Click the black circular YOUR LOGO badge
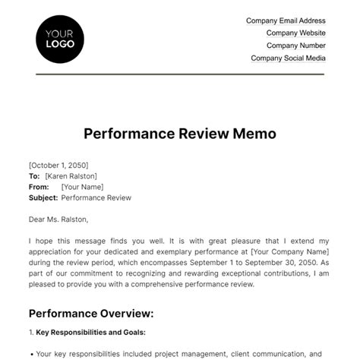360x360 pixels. (60, 39)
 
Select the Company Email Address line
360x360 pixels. (286, 21)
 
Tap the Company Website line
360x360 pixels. (295, 33)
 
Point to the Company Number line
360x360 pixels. (295, 46)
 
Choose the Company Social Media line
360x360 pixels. (288, 58)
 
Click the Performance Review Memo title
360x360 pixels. (179, 134)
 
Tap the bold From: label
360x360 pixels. (38, 186)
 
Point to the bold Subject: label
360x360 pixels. (43, 197)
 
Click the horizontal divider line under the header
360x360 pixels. (179, 74)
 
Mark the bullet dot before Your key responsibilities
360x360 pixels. (30, 354)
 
